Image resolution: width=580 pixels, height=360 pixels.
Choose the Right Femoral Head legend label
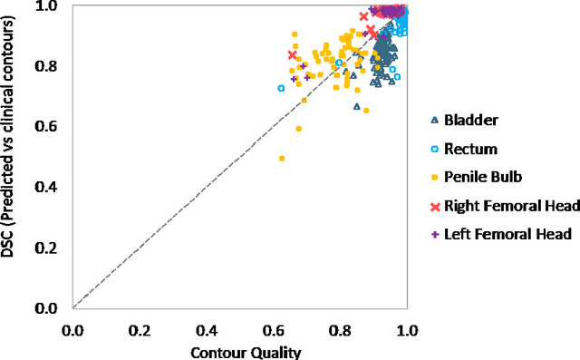point(507,206)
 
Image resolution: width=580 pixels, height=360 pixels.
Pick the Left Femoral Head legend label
point(503,234)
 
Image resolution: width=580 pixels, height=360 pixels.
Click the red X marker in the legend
point(435,206)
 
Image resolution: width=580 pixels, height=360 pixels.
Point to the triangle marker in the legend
point(435,120)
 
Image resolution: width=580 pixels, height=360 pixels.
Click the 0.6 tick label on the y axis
point(47,127)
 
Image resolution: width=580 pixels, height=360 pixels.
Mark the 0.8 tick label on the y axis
point(47,66)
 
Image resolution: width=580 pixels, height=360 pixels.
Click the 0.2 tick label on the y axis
point(47,248)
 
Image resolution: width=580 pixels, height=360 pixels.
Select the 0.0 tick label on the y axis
point(47,308)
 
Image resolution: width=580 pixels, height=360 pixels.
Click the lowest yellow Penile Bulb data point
point(282,159)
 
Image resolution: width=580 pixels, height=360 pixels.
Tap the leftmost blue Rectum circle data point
point(281,88)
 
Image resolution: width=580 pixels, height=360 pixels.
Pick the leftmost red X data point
point(292,55)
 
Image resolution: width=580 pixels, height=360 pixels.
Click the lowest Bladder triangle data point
point(356,108)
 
